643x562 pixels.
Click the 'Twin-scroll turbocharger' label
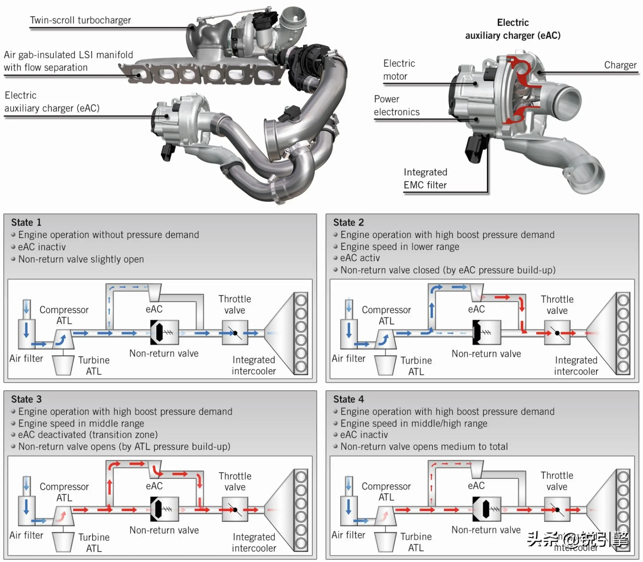pyautogui.click(x=80, y=20)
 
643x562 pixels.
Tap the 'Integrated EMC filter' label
pyautogui.click(x=425, y=179)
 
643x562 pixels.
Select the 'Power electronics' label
pyautogui.click(x=397, y=105)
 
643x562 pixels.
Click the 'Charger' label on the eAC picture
pyautogui.click(x=620, y=65)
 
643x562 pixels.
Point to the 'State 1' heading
pyautogui.click(x=26, y=222)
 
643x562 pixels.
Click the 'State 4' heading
pyautogui.click(x=348, y=399)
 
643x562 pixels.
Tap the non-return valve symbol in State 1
pyautogui.click(x=164, y=333)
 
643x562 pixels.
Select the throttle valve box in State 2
pyautogui.click(x=557, y=333)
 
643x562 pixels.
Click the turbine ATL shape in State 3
pyautogui.click(x=63, y=542)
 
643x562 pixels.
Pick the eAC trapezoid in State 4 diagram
pyautogui.click(x=476, y=469)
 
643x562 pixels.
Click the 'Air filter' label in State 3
pyautogui.click(x=26, y=535)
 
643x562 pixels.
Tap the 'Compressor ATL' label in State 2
pyautogui.click(x=386, y=315)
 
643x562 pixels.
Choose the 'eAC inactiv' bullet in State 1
pyautogui.click(x=42, y=247)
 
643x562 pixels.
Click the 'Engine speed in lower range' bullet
pyautogui.click(x=399, y=247)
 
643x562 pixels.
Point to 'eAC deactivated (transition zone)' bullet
pyautogui.click(x=87, y=435)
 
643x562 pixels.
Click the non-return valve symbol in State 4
pyautogui.click(x=487, y=509)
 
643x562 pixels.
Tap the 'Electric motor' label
pyautogui.click(x=399, y=70)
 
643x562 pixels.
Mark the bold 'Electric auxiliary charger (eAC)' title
pyautogui.click(x=512, y=29)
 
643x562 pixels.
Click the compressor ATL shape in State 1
pyautogui.click(x=63, y=339)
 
